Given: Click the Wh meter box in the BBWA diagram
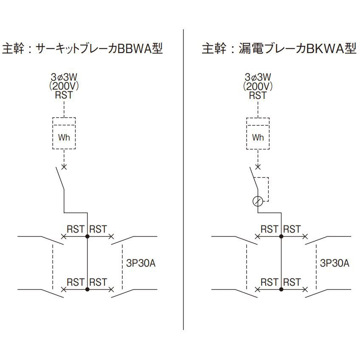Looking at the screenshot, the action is pos(64,133).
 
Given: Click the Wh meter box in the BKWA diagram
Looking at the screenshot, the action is pos(258,133).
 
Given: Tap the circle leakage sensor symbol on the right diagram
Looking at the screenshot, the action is pos(258,201).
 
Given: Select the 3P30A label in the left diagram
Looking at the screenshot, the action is pos(141,263).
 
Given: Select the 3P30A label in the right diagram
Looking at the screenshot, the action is pos(335,263).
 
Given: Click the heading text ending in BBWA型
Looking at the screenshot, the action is pos(82,49).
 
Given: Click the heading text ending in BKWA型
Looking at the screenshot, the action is pos(279,49).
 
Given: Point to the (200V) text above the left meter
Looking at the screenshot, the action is pos(64,86).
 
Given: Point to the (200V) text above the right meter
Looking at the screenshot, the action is pos(258,86).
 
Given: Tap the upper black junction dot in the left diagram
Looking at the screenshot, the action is pos(87,236).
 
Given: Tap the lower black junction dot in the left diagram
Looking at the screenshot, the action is pos(87,289).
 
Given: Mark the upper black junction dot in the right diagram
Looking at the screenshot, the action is pos(281,236).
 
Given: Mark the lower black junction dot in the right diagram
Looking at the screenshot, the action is pos(281,289).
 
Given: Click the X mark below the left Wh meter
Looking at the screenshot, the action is pos(64,167).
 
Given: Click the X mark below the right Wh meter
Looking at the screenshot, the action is pos(258,167).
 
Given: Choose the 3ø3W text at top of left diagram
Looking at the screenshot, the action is pos(64,77).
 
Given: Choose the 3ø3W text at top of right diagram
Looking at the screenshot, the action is pos(258,77).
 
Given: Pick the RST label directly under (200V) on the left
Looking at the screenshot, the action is pos(64,95).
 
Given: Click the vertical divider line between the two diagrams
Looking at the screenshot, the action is pos(183,180).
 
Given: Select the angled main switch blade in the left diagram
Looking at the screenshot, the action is pos(60,179).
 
